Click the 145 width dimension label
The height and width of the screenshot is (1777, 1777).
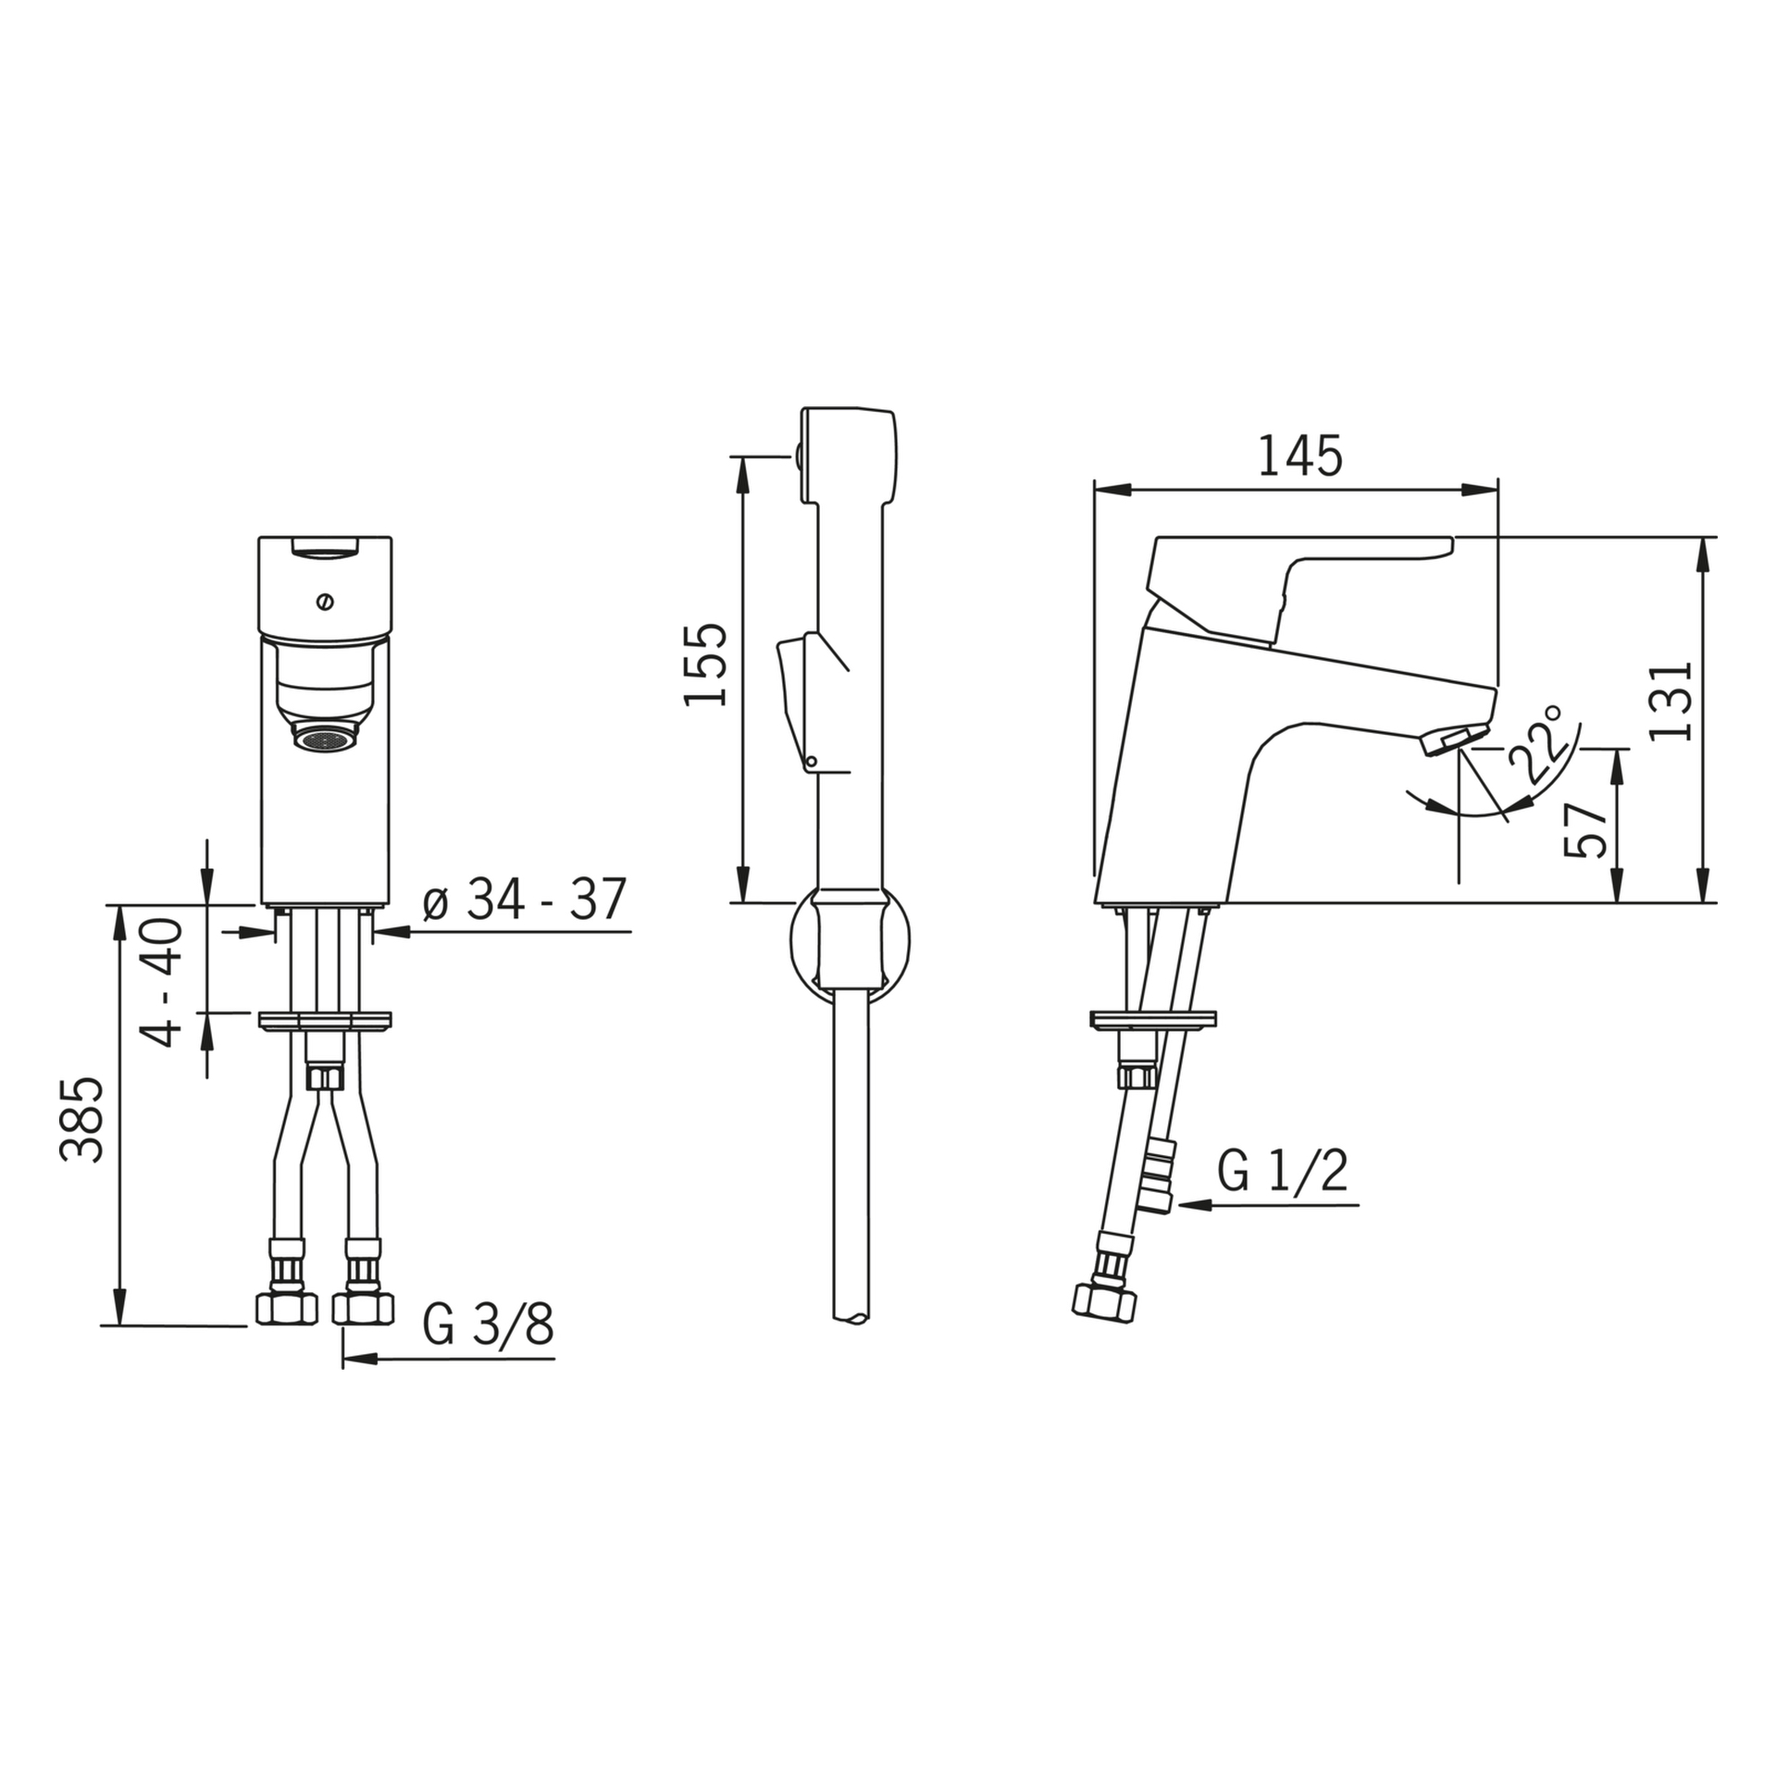click(1299, 456)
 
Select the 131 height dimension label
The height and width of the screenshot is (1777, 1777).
click(1671, 701)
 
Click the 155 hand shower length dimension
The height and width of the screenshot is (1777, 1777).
click(705, 665)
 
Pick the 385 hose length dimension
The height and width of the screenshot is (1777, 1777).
click(82, 1120)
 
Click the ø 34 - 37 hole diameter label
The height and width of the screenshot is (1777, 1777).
click(525, 899)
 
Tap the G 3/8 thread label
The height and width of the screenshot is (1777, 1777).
click(488, 1325)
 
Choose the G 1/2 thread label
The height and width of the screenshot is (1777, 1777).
click(1282, 1171)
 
